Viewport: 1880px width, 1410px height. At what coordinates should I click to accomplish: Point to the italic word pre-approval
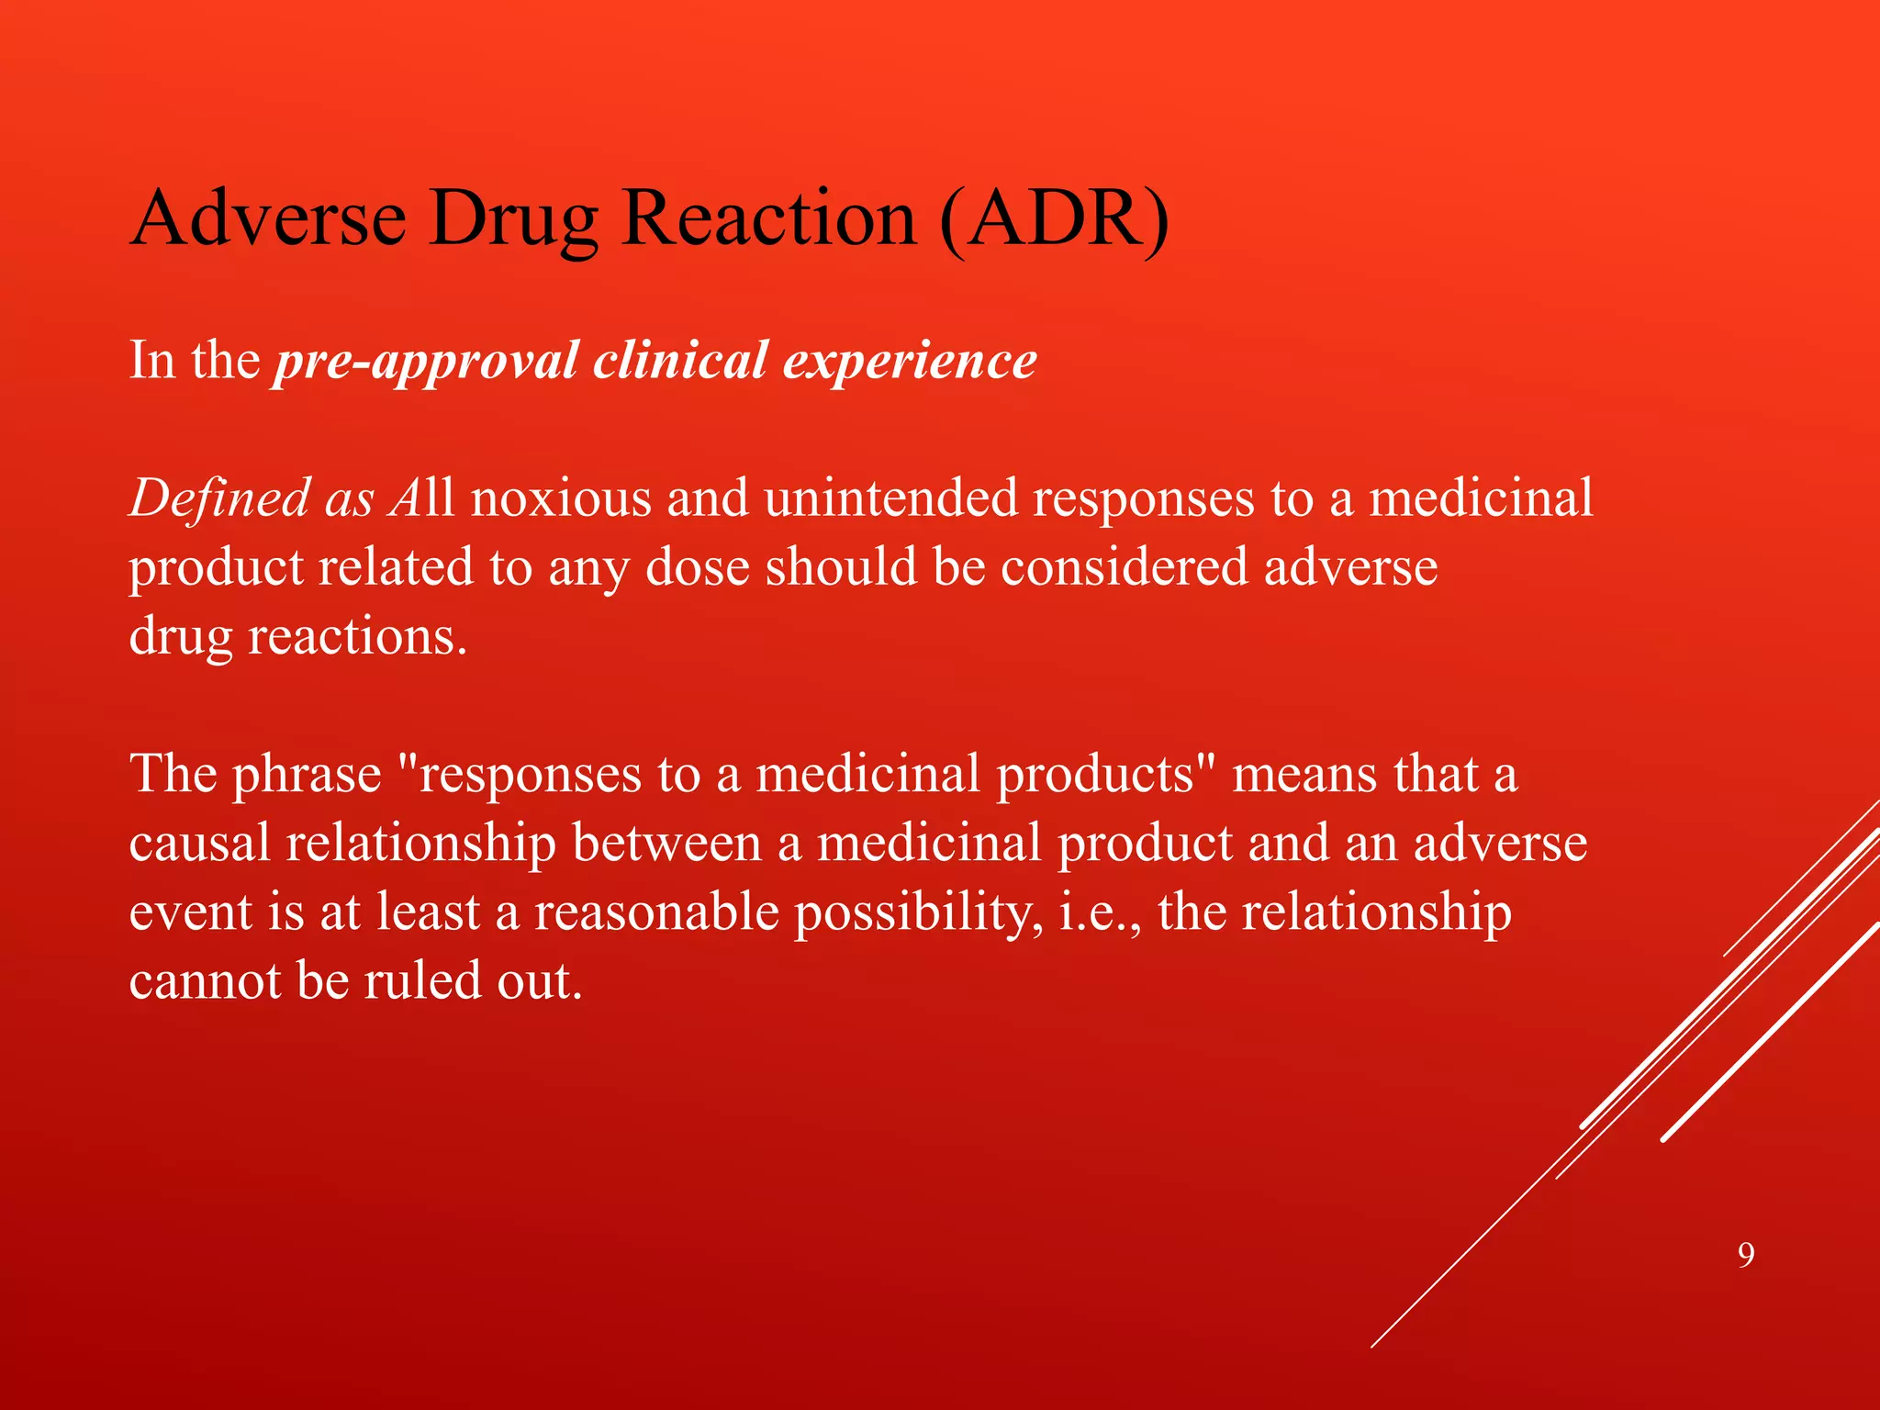pyautogui.click(x=428, y=360)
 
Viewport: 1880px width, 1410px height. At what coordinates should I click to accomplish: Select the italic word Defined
pyautogui.click(x=218, y=498)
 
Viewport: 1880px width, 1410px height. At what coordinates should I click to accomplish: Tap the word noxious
pyautogui.click(x=561, y=498)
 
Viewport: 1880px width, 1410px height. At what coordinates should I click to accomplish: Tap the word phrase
pyautogui.click(x=306, y=775)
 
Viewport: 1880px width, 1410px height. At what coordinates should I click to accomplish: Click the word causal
pyautogui.click(x=199, y=844)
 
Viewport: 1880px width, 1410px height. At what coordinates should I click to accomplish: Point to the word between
pyautogui.click(x=666, y=844)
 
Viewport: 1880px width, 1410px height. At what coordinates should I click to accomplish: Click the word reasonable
pyautogui.click(x=656, y=912)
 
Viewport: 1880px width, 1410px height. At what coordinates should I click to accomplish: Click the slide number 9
pyautogui.click(x=1746, y=1255)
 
